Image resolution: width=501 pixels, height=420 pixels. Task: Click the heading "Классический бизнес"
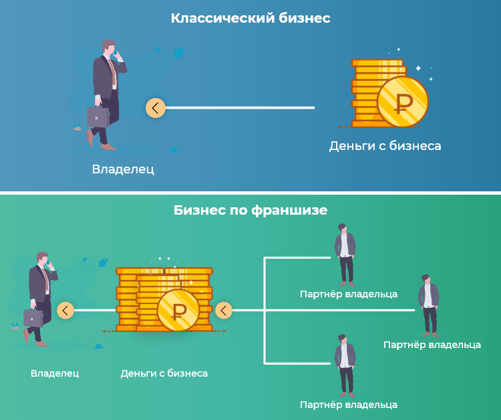251,18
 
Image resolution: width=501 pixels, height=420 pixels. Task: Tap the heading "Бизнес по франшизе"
251,211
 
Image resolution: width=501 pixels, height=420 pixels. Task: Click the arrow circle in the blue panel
155,108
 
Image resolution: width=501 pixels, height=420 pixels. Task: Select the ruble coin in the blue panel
403,102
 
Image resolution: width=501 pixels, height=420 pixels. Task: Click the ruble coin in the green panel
178,310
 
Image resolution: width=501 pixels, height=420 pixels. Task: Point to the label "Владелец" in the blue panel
123,169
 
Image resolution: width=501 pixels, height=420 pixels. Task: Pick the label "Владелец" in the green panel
55,373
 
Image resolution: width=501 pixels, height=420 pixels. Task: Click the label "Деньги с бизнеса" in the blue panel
385,146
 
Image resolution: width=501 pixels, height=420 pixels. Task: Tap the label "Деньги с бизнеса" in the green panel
164,373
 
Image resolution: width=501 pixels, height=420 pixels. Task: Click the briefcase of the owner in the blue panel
98,117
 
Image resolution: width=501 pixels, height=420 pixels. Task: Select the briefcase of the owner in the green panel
33,317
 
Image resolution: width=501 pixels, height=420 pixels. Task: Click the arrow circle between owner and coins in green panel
65,310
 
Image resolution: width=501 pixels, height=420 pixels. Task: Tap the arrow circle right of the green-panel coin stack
224,310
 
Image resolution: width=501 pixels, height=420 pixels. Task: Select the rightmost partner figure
429,305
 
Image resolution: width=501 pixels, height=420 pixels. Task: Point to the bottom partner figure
345,365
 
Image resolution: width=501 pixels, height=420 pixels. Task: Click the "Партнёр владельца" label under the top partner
349,294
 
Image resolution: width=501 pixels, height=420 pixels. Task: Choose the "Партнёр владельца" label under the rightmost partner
432,345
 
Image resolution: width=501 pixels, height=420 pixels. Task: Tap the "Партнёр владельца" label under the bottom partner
349,405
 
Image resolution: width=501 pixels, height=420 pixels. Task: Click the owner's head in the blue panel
110,47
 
